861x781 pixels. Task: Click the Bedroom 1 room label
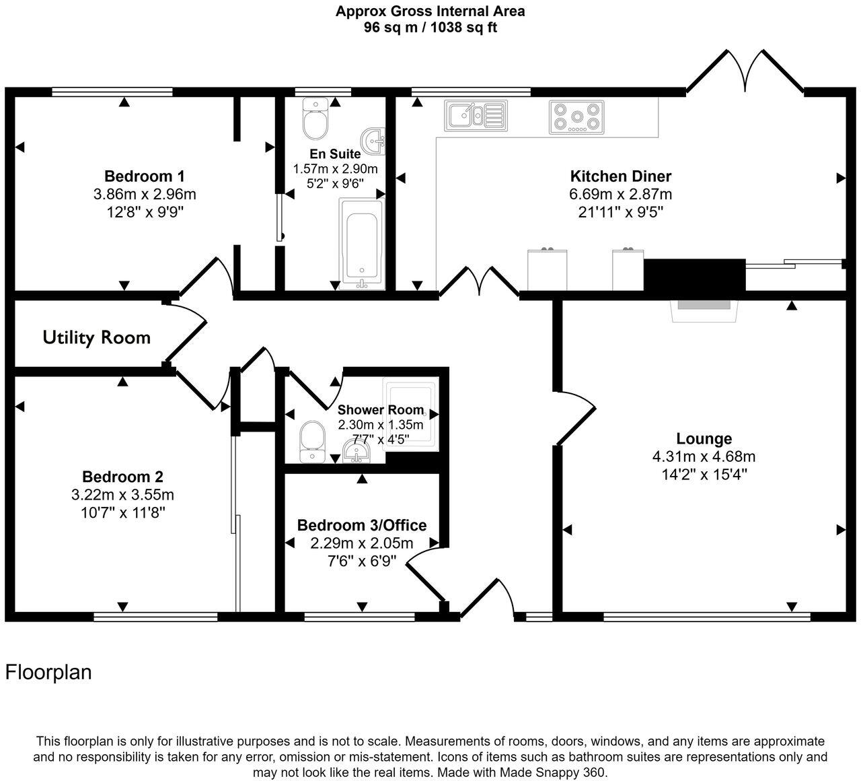point(144,176)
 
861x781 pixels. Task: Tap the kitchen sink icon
point(475,115)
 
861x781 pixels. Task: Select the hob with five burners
point(576,116)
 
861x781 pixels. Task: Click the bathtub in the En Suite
point(361,242)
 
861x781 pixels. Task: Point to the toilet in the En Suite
point(314,117)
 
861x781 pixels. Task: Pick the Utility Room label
point(96,337)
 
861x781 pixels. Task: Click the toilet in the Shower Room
point(311,442)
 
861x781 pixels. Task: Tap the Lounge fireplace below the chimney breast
point(704,310)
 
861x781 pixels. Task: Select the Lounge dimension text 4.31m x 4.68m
point(704,456)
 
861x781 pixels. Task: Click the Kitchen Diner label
point(620,176)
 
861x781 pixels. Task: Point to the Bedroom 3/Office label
point(362,525)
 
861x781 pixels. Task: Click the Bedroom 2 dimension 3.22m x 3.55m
point(122,495)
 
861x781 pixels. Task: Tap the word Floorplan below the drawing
point(48,672)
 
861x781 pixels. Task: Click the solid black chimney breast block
point(695,275)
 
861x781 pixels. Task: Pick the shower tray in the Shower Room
point(410,412)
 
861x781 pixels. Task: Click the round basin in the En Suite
point(373,140)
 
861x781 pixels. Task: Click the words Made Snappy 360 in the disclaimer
point(560,772)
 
